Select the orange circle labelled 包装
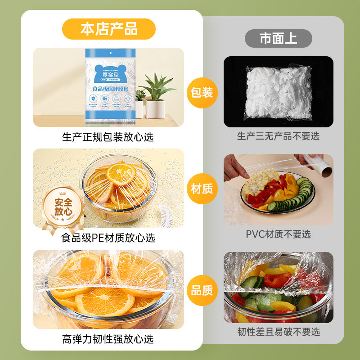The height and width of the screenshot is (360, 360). (x=202, y=93)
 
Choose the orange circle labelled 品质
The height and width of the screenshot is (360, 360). (x=202, y=290)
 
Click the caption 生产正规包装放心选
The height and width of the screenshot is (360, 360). (x=108, y=137)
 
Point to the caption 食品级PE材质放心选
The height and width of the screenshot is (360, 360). (x=108, y=237)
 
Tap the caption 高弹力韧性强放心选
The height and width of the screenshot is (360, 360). (x=108, y=338)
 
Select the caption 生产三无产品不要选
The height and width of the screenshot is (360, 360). (x=278, y=136)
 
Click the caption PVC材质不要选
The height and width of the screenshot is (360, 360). (x=278, y=234)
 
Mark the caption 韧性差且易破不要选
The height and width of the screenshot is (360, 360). (x=278, y=332)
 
